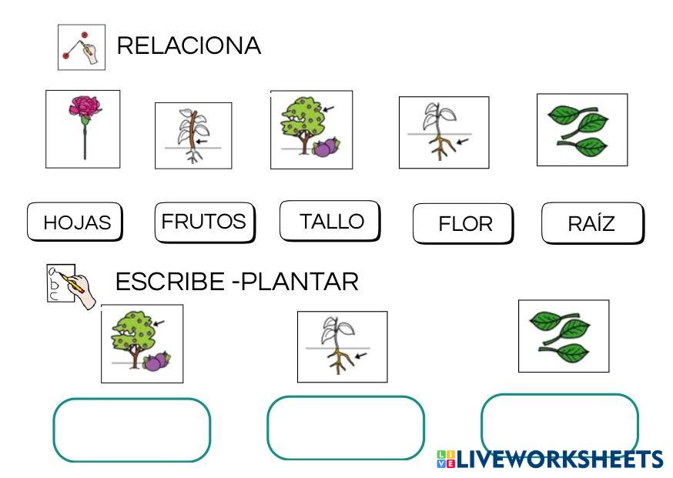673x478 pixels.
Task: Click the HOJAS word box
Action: [75, 222]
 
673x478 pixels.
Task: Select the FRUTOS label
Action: [204, 221]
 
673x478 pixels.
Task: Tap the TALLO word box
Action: [330, 221]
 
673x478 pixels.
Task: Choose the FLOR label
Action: [464, 223]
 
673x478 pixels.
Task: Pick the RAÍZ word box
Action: [591, 223]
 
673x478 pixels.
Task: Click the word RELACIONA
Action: [189, 46]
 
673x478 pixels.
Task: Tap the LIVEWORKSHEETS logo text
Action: [558, 460]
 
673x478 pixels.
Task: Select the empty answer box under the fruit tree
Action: [132, 430]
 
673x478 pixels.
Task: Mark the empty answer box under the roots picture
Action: [346, 427]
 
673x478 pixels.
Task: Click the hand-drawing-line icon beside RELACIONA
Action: [82, 47]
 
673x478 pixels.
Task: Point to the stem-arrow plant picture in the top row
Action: [193, 135]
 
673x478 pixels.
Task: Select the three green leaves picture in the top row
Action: [582, 130]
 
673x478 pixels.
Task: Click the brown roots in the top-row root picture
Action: [440, 146]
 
